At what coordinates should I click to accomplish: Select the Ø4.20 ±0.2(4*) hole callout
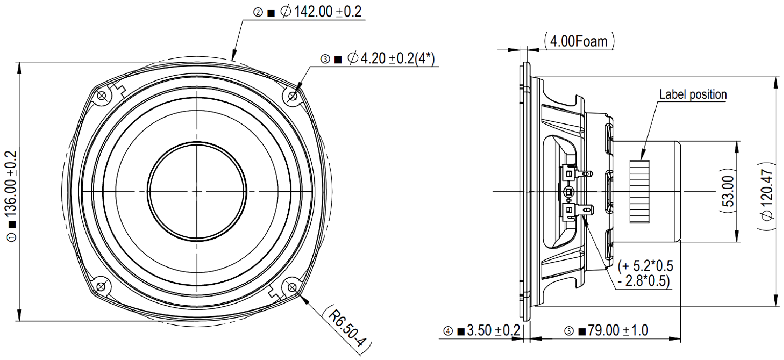point(390,59)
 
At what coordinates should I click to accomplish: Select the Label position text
point(693,95)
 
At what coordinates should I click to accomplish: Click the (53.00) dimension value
point(728,191)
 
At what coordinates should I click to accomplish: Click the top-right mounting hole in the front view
point(293,96)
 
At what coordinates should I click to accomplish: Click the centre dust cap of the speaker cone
point(197,191)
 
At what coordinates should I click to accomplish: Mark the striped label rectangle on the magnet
point(639,191)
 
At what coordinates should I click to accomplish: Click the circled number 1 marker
point(11,237)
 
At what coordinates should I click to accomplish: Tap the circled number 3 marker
point(325,59)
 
